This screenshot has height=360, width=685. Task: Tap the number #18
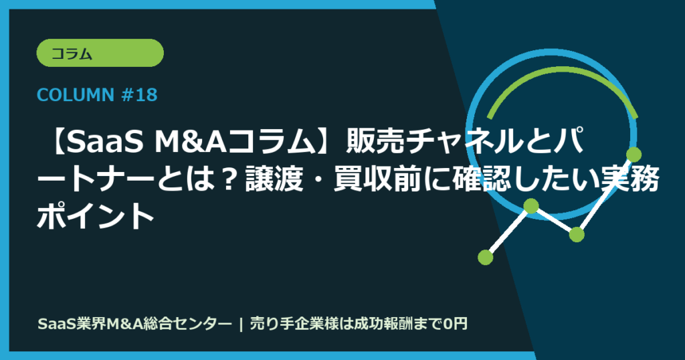[x=140, y=95]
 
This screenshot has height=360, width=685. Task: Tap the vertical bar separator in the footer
[x=239, y=324]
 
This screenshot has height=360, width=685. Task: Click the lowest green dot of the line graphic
[x=486, y=256]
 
